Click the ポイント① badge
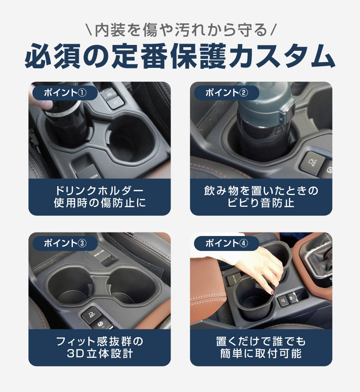(65, 93)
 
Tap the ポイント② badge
(226, 93)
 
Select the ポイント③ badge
(65, 243)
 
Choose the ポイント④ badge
(226, 243)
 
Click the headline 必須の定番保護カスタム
(180, 56)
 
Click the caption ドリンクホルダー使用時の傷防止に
(99, 197)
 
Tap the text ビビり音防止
(261, 203)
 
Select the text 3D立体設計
(99, 353)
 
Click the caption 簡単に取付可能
(261, 353)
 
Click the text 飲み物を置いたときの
(261, 191)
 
